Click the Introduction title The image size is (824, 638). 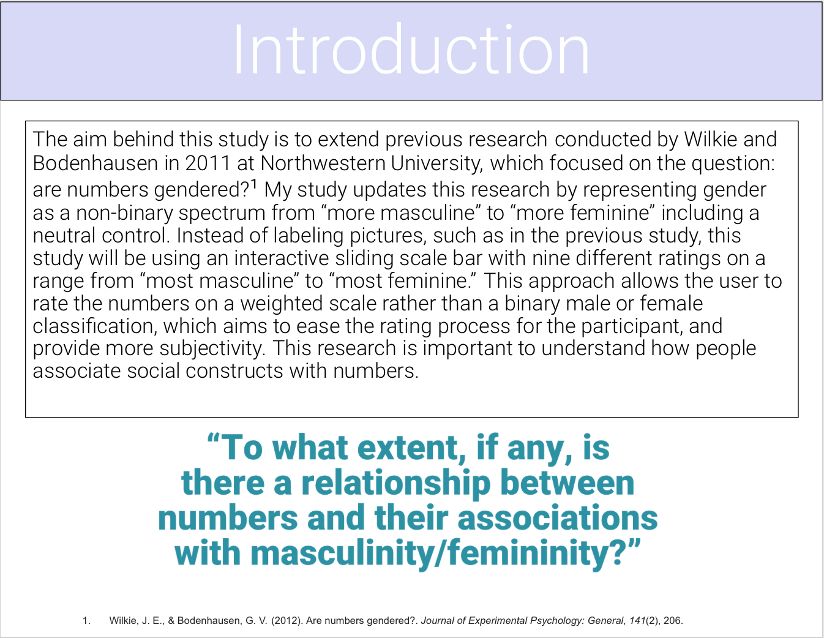[411, 49]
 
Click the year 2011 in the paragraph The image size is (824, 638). [208, 163]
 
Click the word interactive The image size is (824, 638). [282, 258]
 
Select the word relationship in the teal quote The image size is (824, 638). [396, 484]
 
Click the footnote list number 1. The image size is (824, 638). [86, 621]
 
